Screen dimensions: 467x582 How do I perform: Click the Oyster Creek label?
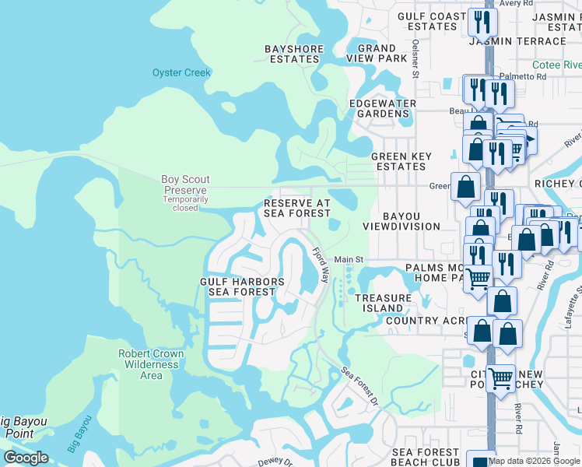(x=181, y=73)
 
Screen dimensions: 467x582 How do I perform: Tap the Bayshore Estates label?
(x=294, y=54)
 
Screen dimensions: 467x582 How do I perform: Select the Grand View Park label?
(x=377, y=54)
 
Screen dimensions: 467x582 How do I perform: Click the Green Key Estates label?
(x=401, y=161)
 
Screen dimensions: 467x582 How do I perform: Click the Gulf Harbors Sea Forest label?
(x=242, y=286)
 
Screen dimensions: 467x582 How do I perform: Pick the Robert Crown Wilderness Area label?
(x=151, y=364)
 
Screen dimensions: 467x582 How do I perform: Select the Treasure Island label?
(x=383, y=302)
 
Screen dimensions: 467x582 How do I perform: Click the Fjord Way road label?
(x=321, y=265)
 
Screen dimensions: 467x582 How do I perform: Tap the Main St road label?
(x=349, y=260)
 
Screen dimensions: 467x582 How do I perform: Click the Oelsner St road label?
(x=416, y=58)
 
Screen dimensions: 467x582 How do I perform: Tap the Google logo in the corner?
(x=26, y=458)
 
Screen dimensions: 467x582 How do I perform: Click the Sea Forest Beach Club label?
(x=426, y=457)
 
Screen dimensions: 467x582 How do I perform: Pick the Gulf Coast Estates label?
(x=432, y=21)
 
